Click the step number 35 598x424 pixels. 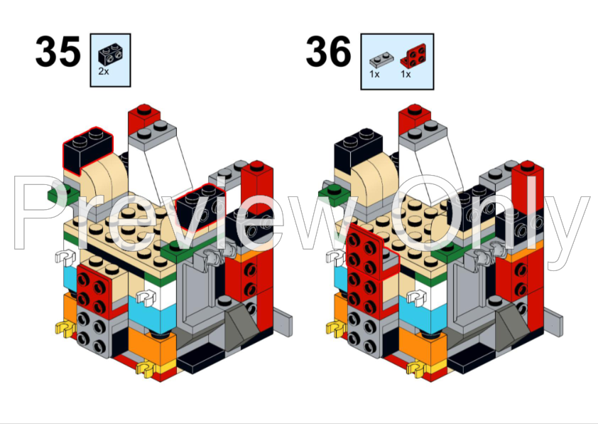click(58, 51)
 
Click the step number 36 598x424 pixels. click(328, 51)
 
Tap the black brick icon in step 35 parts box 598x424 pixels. click(111, 55)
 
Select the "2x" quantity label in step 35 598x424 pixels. click(104, 71)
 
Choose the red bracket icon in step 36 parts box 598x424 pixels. click(413, 55)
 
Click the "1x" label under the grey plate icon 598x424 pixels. click(374, 74)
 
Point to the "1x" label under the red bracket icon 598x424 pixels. click(406, 74)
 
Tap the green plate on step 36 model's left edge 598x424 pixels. click(334, 195)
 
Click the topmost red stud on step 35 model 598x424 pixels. click(143, 109)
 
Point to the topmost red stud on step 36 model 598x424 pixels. click(415, 109)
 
